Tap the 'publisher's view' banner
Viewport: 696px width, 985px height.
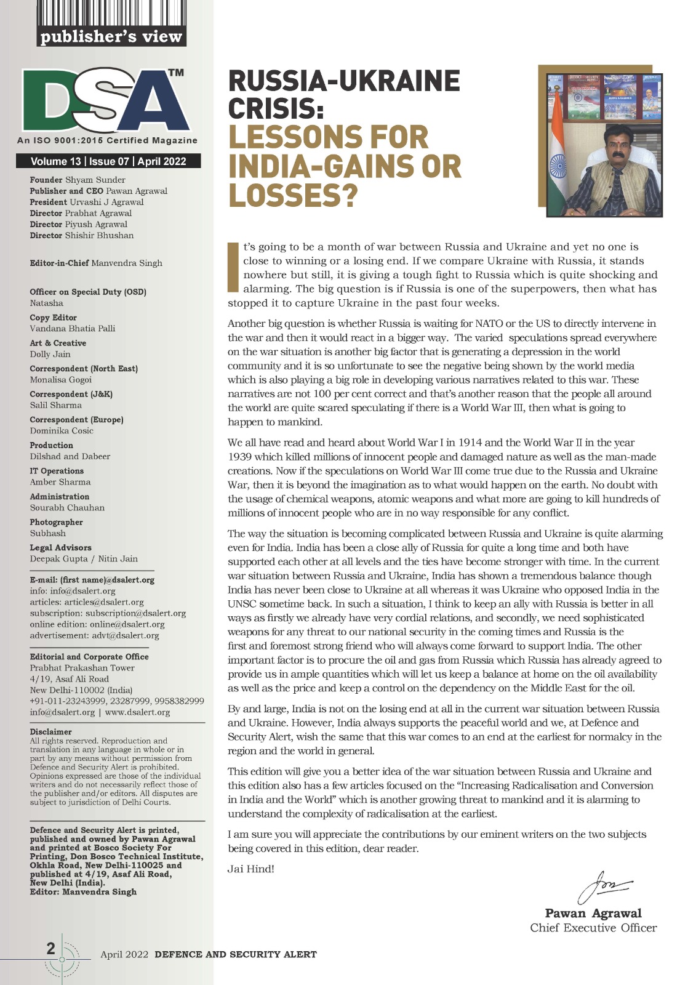(x=111, y=37)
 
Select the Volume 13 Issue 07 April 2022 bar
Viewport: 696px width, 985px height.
(x=108, y=162)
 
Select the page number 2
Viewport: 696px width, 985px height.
(x=51, y=949)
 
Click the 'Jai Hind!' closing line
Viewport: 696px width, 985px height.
(x=251, y=869)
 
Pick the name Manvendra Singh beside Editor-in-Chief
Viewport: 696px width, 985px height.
(x=127, y=263)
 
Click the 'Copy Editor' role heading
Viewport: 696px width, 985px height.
(x=53, y=318)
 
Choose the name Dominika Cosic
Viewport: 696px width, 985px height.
(x=62, y=430)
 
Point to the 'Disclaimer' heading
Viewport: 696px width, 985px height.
(x=50, y=732)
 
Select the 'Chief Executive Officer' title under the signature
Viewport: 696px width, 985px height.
(x=593, y=928)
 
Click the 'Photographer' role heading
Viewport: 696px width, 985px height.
(x=56, y=522)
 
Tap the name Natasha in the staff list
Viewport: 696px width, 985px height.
(x=47, y=303)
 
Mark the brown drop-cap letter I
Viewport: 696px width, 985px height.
(x=233, y=267)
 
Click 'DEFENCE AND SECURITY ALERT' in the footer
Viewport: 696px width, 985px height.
(x=236, y=954)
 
